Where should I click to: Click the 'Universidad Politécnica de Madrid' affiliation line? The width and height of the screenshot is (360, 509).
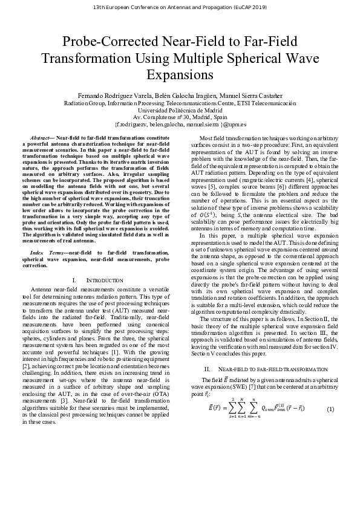[x=180, y=111]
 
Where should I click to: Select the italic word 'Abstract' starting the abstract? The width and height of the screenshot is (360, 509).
[x=41, y=138]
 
